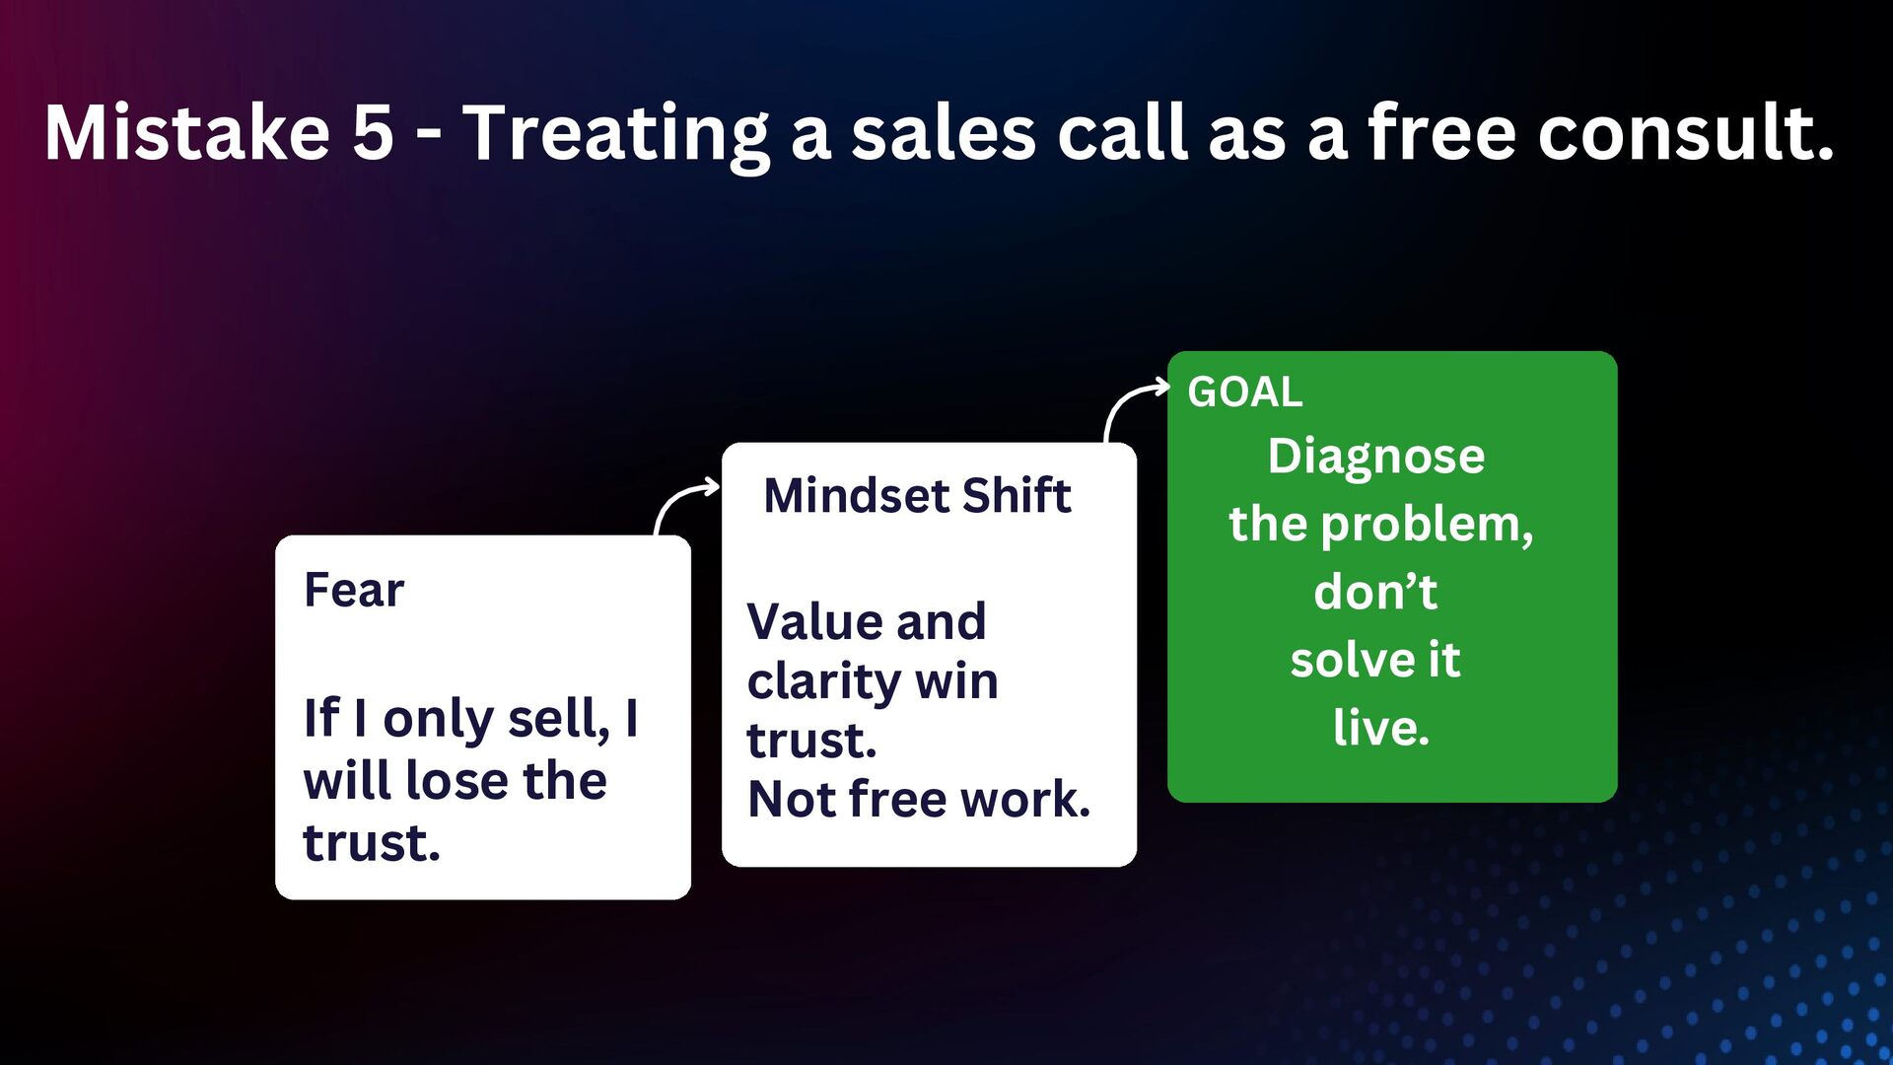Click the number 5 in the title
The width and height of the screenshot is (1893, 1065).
pyautogui.click(x=373, y=133)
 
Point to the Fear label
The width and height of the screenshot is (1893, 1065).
pyautogui.click(x=354, y=591)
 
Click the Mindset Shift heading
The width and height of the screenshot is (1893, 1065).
pyautogui.click(x=917, y=495)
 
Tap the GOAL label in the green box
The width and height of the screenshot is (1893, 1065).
pyautogui.click(x=1245, y=392)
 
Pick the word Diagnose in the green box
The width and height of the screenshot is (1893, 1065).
pyautogui.click(x=1376, y=457)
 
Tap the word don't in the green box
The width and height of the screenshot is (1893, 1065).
pyautogui.click(x=1375, y=592)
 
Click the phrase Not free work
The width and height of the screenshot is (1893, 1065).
pyautogui.click(x=919, y=799)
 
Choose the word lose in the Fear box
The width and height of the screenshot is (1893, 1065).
pyautogui.click(x=456, y=781)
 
